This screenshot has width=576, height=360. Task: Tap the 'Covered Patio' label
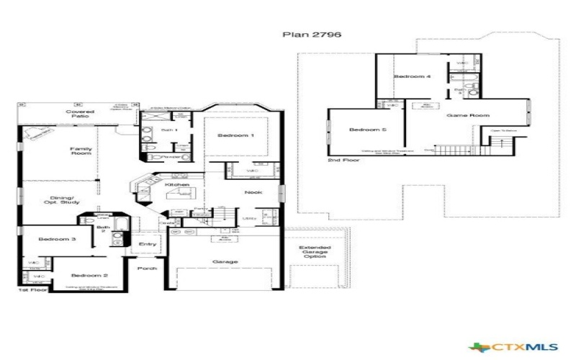coord(80,115)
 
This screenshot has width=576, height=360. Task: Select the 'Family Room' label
coord(81,151)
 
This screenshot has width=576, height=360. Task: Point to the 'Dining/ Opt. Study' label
coord(66,200)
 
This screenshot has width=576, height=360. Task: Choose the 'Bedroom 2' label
coord(90,276)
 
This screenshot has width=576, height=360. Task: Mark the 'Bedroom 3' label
coord(53,238)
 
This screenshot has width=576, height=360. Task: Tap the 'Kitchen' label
coord(177,185)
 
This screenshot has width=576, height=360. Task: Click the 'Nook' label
coord(253,192)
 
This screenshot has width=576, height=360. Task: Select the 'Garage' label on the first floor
coord(225,261)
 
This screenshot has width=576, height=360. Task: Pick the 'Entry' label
coord(147,244)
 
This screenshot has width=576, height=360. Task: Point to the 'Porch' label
coord(147,268)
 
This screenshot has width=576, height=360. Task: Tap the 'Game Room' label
coord(457,115)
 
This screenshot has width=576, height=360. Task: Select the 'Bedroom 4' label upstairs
coord(412,76)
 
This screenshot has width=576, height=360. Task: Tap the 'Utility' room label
coord(250,217)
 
